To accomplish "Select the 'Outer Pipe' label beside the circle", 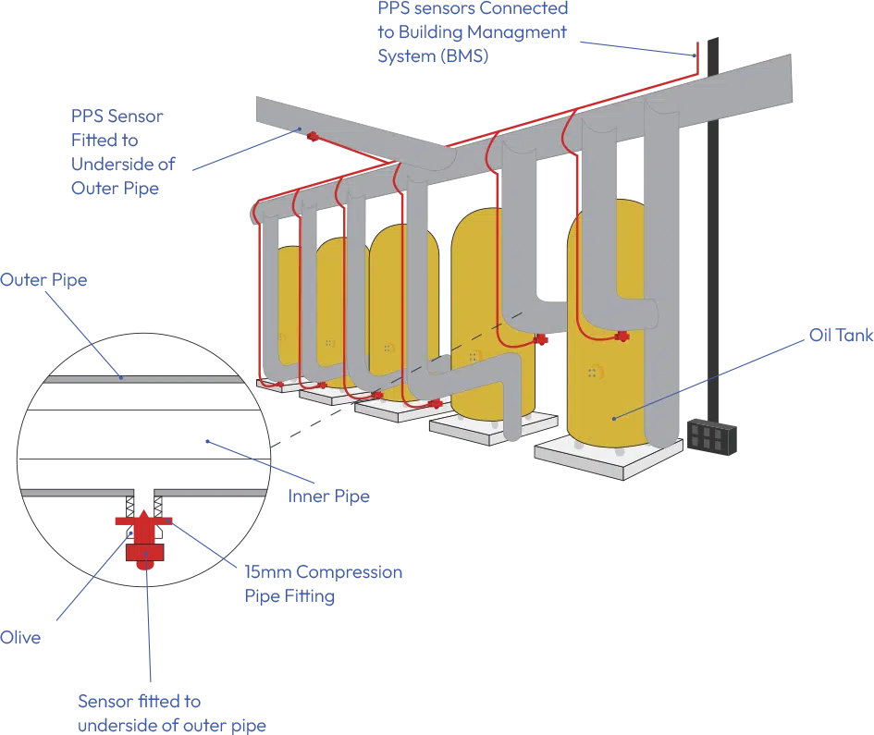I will coord(44,278).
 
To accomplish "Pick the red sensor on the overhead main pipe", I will coord(311,138).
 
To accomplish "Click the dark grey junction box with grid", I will coord(711,437).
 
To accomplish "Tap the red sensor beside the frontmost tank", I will coord(622,337).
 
